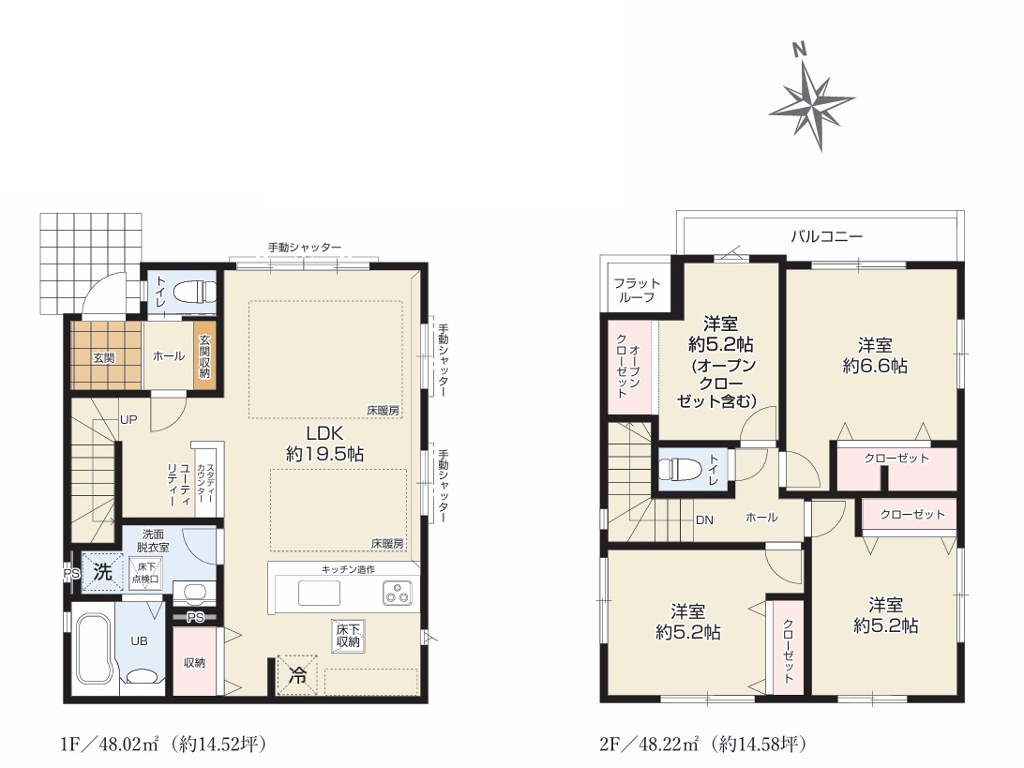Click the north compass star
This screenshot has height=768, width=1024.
[812, 103]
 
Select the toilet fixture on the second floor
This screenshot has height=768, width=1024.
[679, 470]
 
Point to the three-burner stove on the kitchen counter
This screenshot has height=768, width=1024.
[397, 594]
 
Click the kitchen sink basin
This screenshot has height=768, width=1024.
[320, 594]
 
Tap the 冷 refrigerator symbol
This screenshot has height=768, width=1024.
[298, 674]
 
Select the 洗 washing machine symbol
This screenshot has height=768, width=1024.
[102, 572]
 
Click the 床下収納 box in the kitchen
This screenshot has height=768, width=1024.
[348, 636]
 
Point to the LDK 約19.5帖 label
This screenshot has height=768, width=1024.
[324, 444]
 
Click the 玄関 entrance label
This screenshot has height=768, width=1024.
[104, 357]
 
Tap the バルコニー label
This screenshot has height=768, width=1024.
[826, 235]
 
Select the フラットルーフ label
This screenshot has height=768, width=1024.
[637, 290]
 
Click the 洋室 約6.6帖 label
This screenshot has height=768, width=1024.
[875, 355]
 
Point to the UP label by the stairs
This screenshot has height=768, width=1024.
[128, 419]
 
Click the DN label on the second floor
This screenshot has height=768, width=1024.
[704, 520]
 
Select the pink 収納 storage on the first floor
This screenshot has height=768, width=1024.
[194, 661]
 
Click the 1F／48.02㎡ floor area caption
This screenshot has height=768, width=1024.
[163, 744]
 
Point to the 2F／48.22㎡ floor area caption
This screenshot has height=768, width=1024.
[703, 744]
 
